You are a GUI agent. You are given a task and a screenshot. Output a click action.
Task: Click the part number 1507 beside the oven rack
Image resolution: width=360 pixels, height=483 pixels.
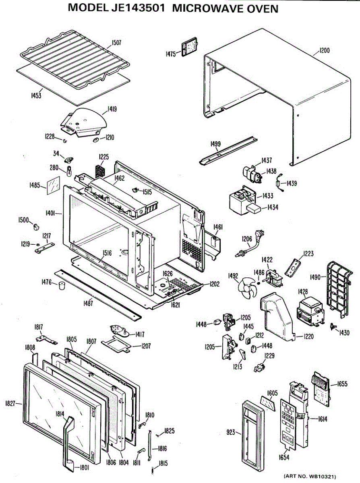(x=116, y=43)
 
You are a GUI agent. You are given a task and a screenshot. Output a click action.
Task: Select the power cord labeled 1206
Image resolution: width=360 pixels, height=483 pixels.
(x=250, y=243)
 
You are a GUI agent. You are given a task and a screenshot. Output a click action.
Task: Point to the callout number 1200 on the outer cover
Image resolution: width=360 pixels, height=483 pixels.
(x=325, y=51)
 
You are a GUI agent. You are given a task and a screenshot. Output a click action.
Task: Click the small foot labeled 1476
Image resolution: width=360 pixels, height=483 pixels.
(x=62, y=285)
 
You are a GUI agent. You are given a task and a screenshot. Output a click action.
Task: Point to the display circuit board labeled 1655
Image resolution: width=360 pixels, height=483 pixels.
(x=321, y=389)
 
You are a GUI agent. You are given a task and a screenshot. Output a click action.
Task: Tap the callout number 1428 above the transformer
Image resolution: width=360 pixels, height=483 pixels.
(x=303, y=291)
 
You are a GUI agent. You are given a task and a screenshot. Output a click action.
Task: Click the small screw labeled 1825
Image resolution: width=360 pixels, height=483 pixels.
(x=157, y=435)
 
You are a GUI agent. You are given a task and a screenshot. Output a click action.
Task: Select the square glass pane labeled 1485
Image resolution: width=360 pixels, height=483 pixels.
(x=54, y=185)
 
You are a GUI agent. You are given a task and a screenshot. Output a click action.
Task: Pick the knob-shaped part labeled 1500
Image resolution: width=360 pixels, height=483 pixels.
(x=36, y=227)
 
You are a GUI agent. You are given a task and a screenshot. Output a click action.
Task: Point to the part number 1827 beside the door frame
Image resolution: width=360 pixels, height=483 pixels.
(x=10, y=403)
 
